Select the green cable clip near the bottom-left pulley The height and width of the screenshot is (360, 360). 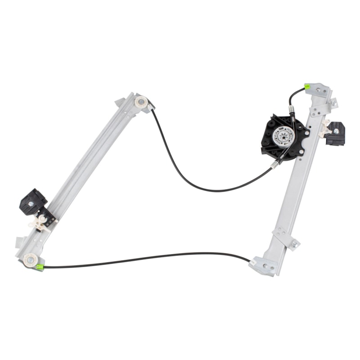pos(39,267)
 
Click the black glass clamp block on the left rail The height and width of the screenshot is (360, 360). pos(32,201)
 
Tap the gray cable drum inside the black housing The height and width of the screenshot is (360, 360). pos(283,136)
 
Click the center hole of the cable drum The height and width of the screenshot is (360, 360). pos(283,136)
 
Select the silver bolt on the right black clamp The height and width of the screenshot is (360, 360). pos(336,131)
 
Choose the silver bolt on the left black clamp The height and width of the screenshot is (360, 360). pos(31,204)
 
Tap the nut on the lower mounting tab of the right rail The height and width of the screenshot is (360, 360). pos(295,244)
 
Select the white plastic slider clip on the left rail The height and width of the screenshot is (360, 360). pos(40,223)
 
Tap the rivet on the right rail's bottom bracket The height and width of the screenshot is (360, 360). pos(265,266)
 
